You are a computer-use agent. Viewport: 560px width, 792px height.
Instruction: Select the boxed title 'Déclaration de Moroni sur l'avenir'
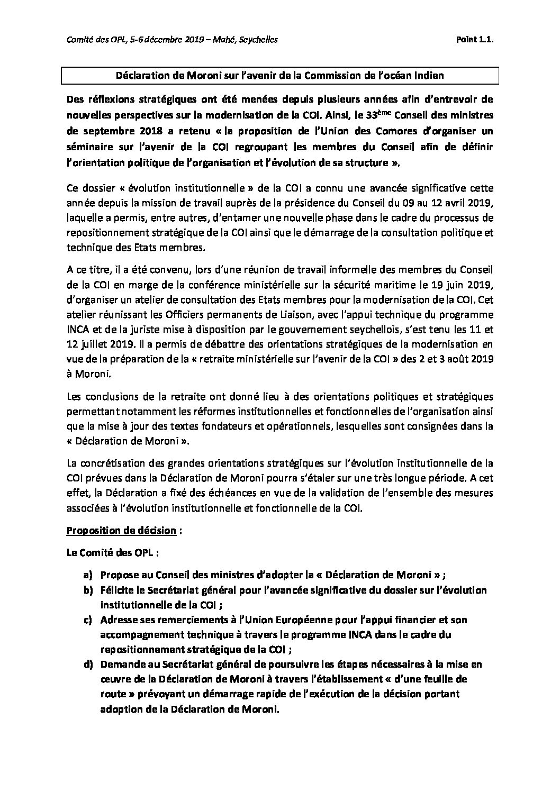[280, 76]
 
